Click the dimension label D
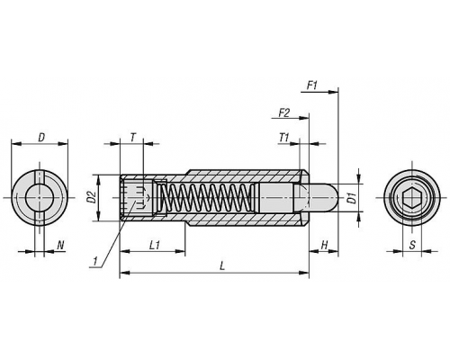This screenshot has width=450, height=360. [41, 138]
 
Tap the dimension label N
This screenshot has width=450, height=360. [60, 246]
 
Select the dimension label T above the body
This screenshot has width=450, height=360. [132, 138]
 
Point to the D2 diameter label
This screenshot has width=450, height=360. [93, 197]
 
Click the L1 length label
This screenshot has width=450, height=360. [154, 246]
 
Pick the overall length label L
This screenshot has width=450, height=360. [221, 266]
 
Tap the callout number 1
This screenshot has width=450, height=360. [95, 261]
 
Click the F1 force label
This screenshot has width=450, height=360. [312, 86]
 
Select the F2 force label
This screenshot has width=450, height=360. [283, 113]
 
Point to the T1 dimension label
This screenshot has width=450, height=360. [283, 138]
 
